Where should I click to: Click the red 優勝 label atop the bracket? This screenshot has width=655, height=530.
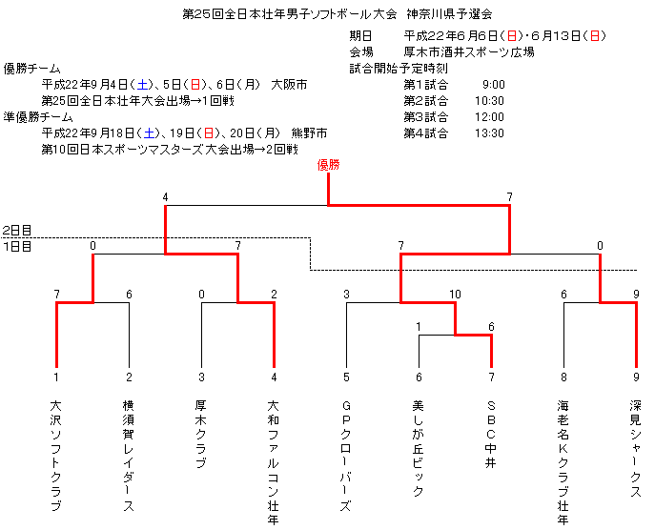[x=328, y=165]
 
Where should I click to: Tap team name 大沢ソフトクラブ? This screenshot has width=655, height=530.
[x=56, y=456]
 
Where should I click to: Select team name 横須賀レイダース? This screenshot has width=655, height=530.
[x=129, y=456]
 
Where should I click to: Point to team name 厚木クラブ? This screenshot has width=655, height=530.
[x=201, y=434]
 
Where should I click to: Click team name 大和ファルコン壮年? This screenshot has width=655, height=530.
[x=274, y=462]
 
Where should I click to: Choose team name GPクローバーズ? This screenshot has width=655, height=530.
[x=346, y=456]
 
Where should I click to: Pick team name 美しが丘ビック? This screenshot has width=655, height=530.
[x=419, y=449]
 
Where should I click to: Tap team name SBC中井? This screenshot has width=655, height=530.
[x=491, y=434]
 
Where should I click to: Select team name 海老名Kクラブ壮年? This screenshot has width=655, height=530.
[x=563, y=462]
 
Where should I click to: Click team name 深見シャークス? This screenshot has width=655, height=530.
[x=636, y=449]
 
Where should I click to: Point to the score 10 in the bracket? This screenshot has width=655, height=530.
[x=455, y=295]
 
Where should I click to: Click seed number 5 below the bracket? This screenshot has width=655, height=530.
[x=346, y=377]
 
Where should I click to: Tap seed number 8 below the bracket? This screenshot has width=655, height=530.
[x=563, y=377]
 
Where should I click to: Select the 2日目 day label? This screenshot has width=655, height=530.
[x=17, y=230]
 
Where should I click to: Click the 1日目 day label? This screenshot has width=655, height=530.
[x=17, y=247]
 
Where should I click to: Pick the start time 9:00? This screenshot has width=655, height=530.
[x=494, y=85]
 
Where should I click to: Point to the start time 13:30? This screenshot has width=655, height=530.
[x=489, y=133]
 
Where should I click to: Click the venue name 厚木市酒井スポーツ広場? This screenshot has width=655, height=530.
[x=469, y=52]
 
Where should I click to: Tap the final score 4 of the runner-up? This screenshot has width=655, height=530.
[x=166, y=197]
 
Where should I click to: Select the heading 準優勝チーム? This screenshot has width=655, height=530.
[x=38, y=117]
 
